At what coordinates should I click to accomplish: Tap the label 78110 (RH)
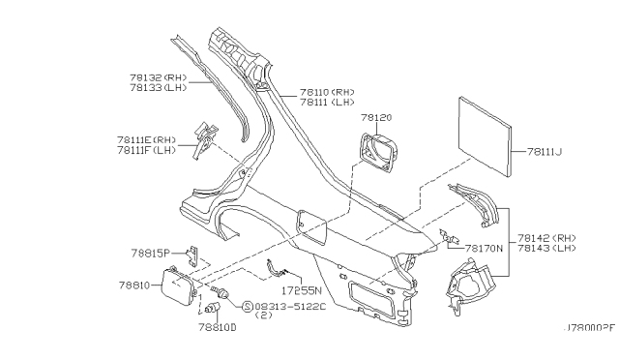pos(326,92)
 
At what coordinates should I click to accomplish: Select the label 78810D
pos(218,328)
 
